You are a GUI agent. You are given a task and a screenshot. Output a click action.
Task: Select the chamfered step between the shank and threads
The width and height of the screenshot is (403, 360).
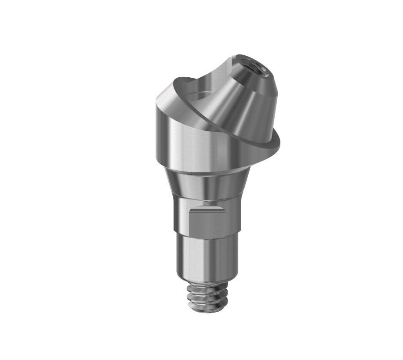tap(202, 281)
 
